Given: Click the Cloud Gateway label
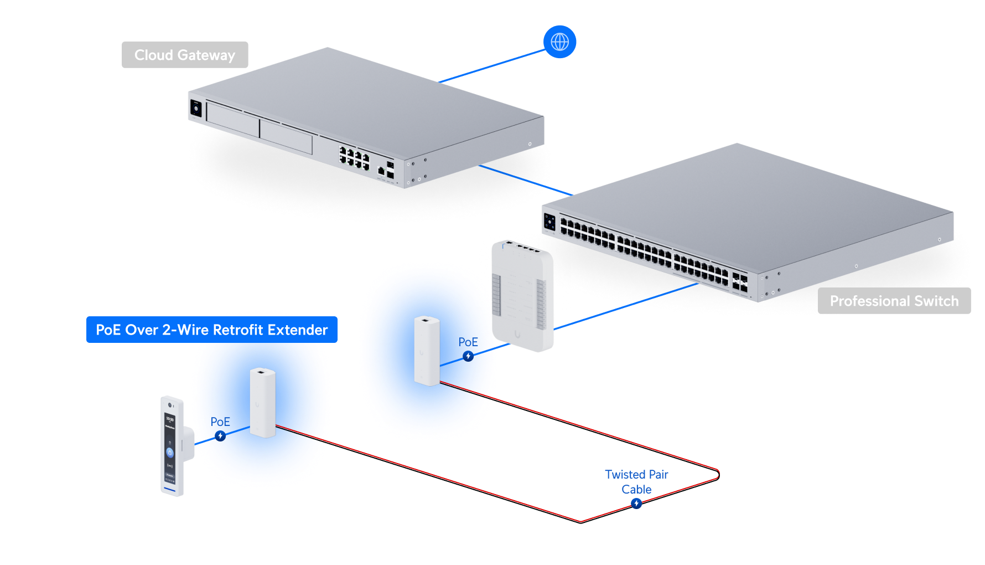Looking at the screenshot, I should click(x=185, y=55).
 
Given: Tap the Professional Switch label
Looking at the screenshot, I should click(x=894, y=301).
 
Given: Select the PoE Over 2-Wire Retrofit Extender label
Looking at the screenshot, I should click(x=211, y=330).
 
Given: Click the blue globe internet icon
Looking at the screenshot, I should click(x=559, y=42).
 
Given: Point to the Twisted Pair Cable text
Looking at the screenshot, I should click(x=636, y=481).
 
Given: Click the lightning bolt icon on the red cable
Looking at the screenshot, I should click(x=636, y=503).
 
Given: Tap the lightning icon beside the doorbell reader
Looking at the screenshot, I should click(x=220, y=436).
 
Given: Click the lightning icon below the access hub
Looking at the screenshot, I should click(x=468, y=356).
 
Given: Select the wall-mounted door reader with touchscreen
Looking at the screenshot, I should click(x=174, y=446).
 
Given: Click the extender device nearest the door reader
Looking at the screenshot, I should click(x=262, y=402).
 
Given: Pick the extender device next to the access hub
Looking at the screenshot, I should click(x=427, y=350).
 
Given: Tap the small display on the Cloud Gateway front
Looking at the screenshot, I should click(x=196, y=108).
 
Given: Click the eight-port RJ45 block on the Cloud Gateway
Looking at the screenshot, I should click(x=354, y=158).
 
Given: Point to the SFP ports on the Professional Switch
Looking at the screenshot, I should click(x=739, y=281).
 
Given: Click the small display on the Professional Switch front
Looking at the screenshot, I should click(x=549, y=222).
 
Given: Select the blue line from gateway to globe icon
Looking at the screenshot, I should click(x=492, y=65).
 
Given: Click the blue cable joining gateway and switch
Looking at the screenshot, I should click(x=526, y=180).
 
